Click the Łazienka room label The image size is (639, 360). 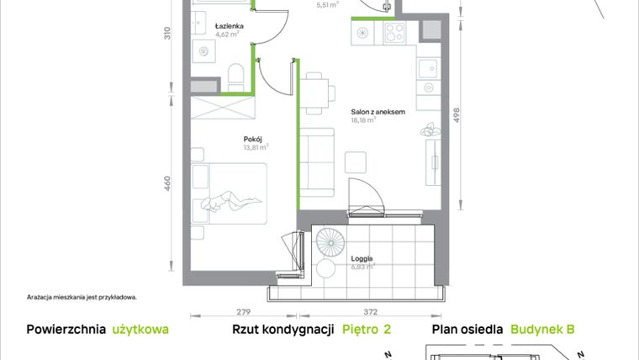click(x=230, y=26)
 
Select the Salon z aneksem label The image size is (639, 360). click(x=378, y=111)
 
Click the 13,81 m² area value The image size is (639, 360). click(x=255, y=147)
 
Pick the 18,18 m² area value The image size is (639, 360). click(x=362, y=120)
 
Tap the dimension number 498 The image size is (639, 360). click(x=457, y=116)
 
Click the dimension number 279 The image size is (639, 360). click(x=242, y=310)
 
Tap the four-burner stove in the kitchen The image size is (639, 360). click(x=394, y=33)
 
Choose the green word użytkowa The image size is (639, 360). click(x=140, y=331)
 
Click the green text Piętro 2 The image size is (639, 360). click(x=367, y=331)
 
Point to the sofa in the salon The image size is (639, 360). click(x=319, y=164)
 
